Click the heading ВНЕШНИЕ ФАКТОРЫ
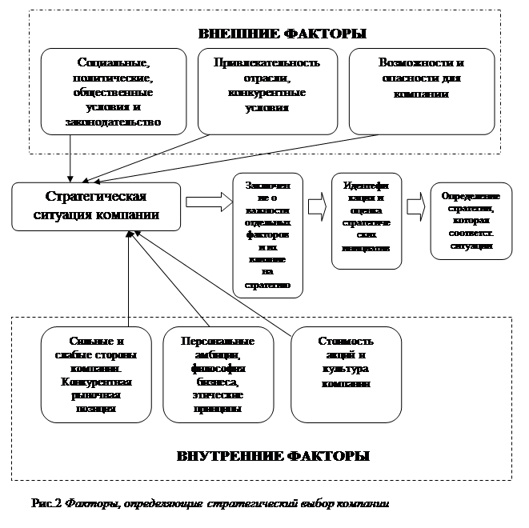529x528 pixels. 282,34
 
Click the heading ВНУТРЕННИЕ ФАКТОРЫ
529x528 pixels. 273,457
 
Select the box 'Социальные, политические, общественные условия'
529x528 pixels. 114,91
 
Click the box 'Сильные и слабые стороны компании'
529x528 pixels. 96,374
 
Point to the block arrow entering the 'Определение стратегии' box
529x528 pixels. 415,206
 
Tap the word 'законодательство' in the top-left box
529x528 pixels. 114,122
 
